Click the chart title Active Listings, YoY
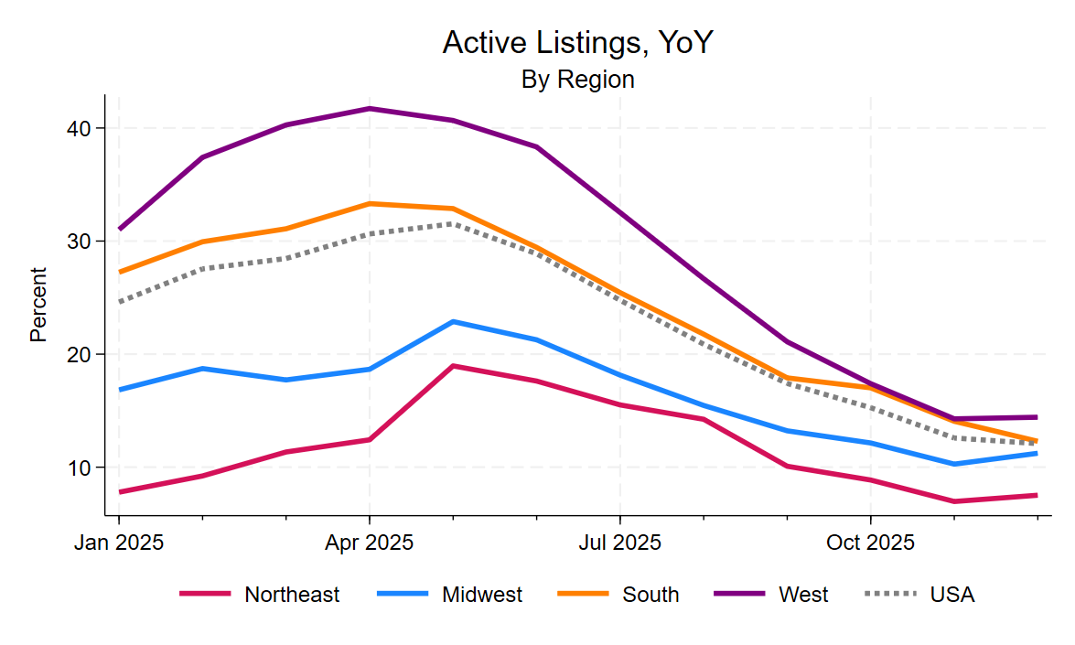(576, 42)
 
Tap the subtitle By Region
(577, 80)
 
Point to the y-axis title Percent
(38, 305)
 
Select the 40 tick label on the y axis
(81, 128)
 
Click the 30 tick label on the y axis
(81, 242)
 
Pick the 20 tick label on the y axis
(81, 354)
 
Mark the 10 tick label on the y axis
(81, 468)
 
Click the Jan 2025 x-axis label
(119, 543)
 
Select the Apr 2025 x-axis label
(370, 543)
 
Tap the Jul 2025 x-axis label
(619, 543)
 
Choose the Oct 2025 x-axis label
(870, 543)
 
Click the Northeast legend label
(292, 595)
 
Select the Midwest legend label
(482, 595)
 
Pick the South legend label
(650, 595)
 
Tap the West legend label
(803, 595)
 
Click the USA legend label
(952, 595)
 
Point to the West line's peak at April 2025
(370, 109)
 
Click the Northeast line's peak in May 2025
(453, 366)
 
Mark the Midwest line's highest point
(453, 322)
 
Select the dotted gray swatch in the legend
(890, 595)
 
